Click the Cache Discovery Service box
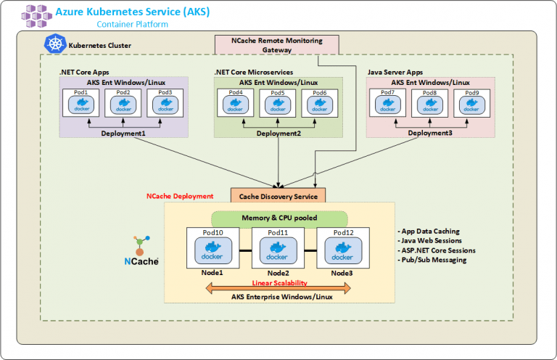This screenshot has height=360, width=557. (x=278, y=195)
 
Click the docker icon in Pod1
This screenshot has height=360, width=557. (x=81, y=106)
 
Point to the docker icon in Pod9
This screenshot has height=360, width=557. (x=472, y=106)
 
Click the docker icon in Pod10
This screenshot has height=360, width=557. (x=213, y=252)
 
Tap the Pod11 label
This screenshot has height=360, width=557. (x=278, y=232)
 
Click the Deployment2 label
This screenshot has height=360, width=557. (x=278, y=133)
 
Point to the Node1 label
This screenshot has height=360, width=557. (x=213, y=273)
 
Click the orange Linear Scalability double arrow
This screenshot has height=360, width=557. (x=278, y=289)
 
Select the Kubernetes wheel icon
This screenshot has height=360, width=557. (x=55, y=44)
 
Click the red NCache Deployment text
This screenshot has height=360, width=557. (x=180, y=196)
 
